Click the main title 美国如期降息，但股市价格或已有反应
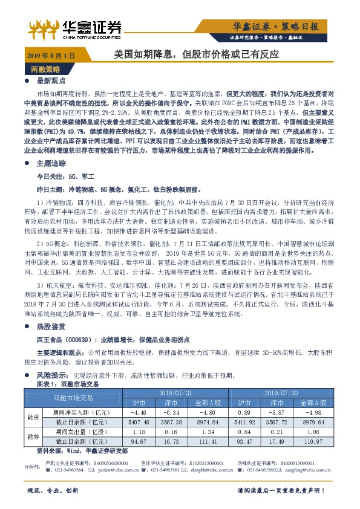197,54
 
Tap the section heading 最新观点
51,81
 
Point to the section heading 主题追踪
51,163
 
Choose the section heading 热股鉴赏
51,325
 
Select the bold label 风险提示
51,375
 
